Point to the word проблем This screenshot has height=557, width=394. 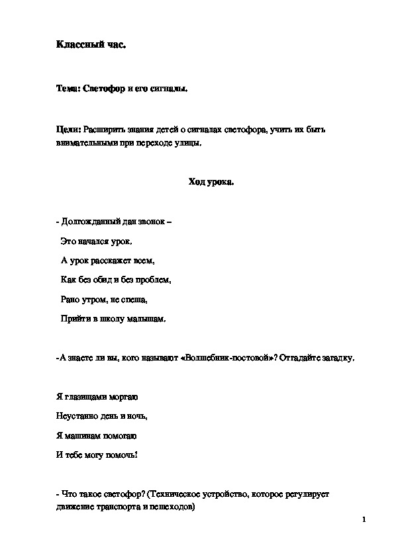click(156, 280)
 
